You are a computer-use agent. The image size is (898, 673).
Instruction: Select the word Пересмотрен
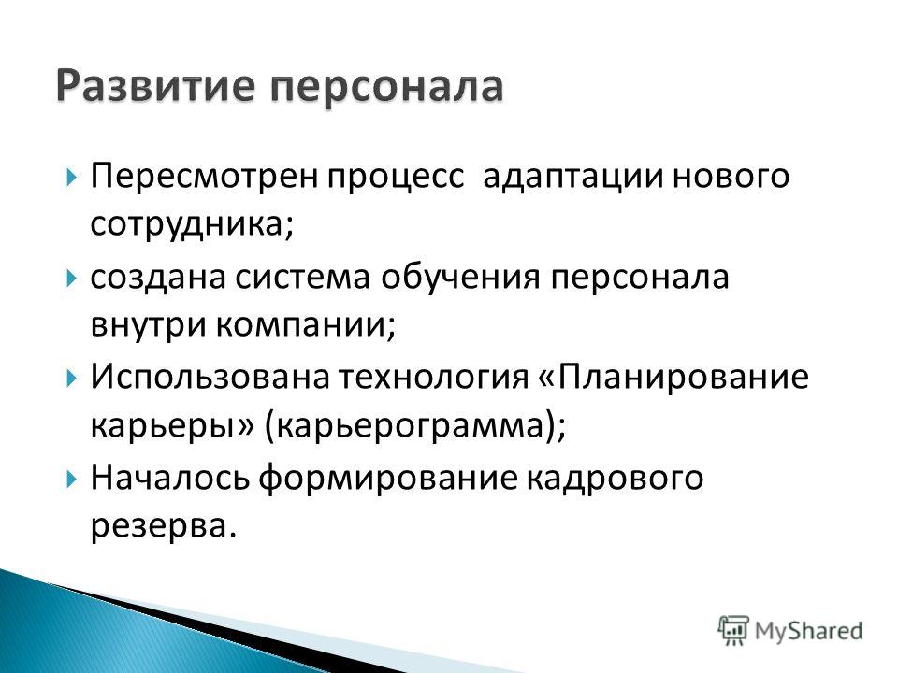(x=203, y=177)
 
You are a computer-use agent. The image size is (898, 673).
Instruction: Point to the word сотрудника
(x=192, y=225)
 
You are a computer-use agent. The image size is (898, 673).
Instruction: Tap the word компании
(x=307, y=326)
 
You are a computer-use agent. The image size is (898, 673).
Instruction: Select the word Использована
(x=210, y=377)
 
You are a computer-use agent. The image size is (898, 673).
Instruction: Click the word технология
(x=433, y=379)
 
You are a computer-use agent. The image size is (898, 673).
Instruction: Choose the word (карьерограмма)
(x=415, y=427)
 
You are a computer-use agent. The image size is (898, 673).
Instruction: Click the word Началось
(x=170, y=478)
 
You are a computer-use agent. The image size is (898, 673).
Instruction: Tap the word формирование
(x=387, y=479)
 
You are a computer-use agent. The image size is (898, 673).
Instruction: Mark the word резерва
(x=164, y=527)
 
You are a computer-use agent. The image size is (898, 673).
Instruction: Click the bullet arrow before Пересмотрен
(x=71, y=178)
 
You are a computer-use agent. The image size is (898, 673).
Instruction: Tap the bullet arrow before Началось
(x=71, y=479)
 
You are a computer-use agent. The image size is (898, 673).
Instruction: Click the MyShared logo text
(x=808, y=631)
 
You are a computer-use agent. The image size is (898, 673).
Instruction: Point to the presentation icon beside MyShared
(x=733, y=630)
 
